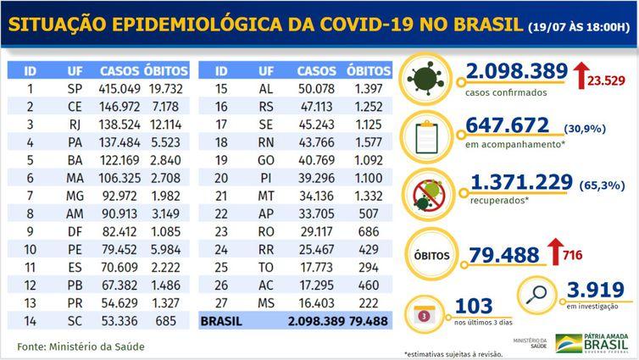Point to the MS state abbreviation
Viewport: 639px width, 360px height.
click(x=266, y=302)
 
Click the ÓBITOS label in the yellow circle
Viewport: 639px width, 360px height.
click(x=432, y=252)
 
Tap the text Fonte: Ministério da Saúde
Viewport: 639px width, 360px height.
click(x=81, y=346)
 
